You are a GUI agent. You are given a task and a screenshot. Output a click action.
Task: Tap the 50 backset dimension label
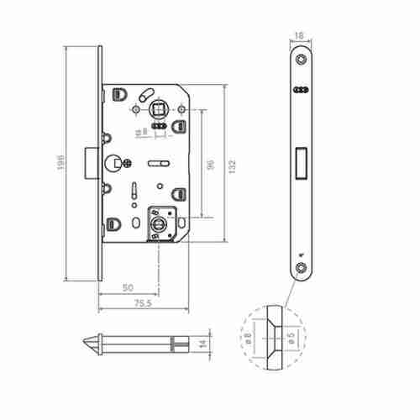[128, 287]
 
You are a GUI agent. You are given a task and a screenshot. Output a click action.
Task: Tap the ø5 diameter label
[288, 342]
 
